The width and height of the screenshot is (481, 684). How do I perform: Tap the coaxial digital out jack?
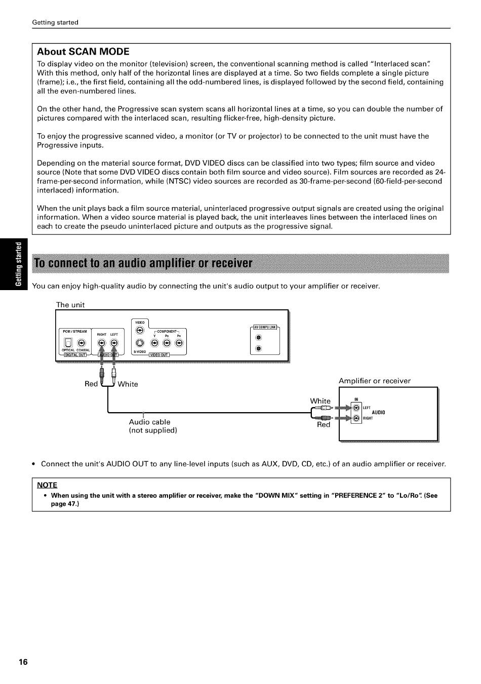[82, 343]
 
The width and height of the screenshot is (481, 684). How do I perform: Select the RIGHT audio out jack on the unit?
[102, 343]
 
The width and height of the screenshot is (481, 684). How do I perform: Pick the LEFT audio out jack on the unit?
[114, 343]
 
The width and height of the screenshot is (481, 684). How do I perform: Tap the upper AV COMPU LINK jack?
[258, 338]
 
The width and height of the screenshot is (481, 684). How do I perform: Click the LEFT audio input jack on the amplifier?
[356, 408]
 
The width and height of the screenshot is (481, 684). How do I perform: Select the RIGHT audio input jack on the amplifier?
[356, 418]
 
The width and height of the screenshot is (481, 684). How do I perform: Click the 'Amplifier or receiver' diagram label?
[374, 381]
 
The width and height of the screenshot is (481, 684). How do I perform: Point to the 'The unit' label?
[70, 305]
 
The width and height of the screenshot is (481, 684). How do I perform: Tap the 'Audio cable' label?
[149, 422]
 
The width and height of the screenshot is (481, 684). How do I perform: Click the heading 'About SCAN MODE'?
[83, 52]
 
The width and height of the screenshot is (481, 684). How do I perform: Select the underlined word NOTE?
[47, 485]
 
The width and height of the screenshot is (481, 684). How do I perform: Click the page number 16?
[23, 662]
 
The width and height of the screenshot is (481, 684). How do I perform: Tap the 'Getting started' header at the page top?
[55, 22]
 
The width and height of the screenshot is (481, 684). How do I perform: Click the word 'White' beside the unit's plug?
[128, 384]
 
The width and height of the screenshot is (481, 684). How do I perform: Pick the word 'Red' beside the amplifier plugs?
[323, 425]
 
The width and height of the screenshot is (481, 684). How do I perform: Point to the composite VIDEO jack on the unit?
[140, 330]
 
